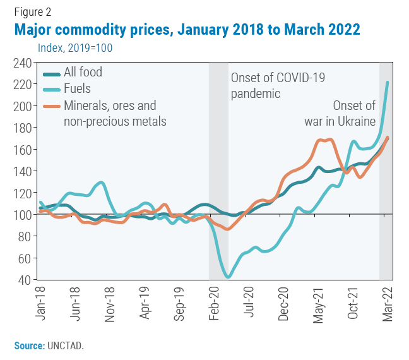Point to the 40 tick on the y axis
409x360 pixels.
[x=24, y=280]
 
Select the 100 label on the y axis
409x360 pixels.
[x=21, y=215]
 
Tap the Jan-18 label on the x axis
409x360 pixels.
[x=42, y=303]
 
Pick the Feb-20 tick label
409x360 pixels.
[x=214, y=303]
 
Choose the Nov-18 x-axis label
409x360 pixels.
[x=110, y=303]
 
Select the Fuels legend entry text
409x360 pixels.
[x=78, y=89]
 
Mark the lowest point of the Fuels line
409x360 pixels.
[x=228, y=277]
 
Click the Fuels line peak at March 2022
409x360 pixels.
[x=387, y=83]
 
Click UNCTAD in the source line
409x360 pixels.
[x=66, y=345]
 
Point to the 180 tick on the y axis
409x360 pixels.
[x=21, y=128]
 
